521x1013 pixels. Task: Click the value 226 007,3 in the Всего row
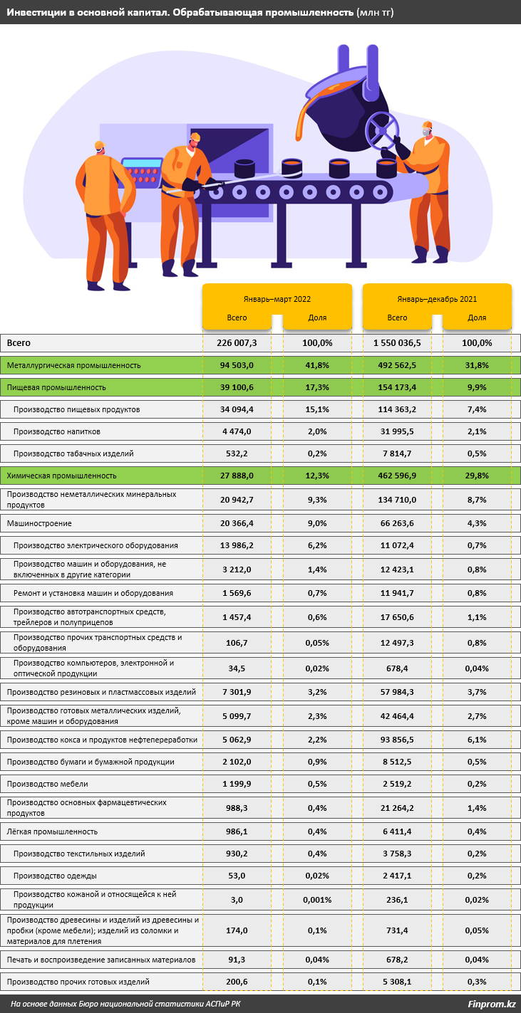coord(237,343)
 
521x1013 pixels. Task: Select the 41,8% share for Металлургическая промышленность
coord(317,365)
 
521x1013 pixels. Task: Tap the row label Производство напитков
coord(56,431)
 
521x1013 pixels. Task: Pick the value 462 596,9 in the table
coord(397,476)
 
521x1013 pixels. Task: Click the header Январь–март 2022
coord(277,299)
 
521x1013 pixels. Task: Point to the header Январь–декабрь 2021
coord(437,299)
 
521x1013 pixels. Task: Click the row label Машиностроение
coord(39,523)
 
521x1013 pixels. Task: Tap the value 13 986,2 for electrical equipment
coord(237,545)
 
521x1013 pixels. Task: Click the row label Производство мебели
coord(48,784)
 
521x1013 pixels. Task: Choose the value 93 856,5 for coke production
coord(397,740)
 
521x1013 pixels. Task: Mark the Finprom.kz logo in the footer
coord(492,1004)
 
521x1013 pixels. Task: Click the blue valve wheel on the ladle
coord(381,131)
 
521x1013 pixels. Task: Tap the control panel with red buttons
coord(142,172)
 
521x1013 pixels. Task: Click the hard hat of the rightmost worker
coord(427,125)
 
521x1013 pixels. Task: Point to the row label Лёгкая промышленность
coord(52,831)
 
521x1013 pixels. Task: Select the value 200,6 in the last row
coord(237,982)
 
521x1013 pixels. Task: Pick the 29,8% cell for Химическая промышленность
coord(477,476)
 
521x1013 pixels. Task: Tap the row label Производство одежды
coord(55,876)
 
